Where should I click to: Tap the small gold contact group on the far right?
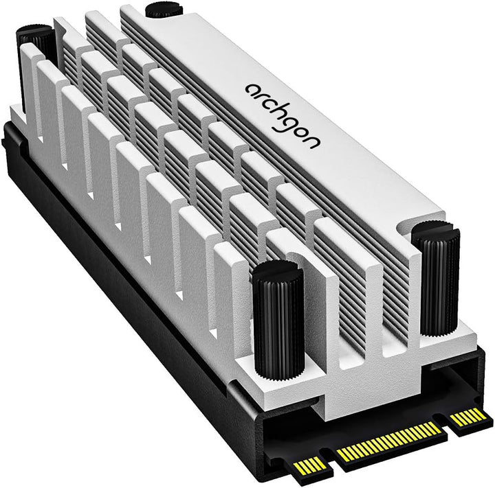[469, 417]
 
